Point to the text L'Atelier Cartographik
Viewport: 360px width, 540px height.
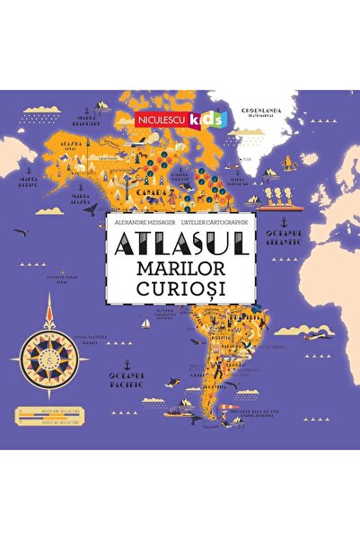pyautogui.click(x=219, y=219)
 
